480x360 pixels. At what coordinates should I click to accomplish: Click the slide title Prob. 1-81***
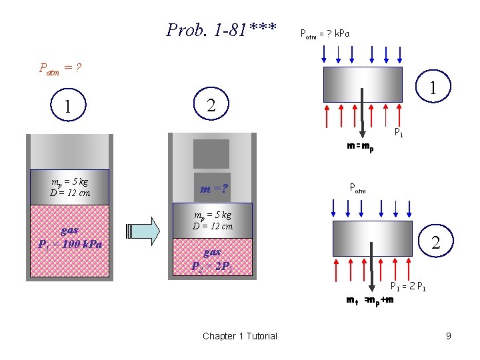click(221, 30)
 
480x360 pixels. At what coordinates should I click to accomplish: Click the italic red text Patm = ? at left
click(60, 67)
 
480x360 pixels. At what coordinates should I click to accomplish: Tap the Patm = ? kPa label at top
click(325, 33)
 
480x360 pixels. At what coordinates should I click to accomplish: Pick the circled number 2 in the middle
click(211, 105)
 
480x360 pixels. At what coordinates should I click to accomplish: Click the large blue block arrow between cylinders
click(142, 231)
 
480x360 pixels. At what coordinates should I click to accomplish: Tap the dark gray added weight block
click(211, 153)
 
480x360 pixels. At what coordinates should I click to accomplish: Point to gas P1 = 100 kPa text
click(70, 237)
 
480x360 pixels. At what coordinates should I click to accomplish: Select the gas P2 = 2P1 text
click(212, 259)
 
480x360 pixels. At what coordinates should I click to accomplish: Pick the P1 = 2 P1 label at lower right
click(408, 287)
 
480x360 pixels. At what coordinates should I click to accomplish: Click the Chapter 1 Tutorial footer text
click(239, 336)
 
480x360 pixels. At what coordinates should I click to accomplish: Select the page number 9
click(449, 336)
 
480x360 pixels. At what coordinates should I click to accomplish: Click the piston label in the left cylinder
click(70, 187)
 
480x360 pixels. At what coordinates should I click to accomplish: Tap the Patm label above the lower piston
click(358, 189)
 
